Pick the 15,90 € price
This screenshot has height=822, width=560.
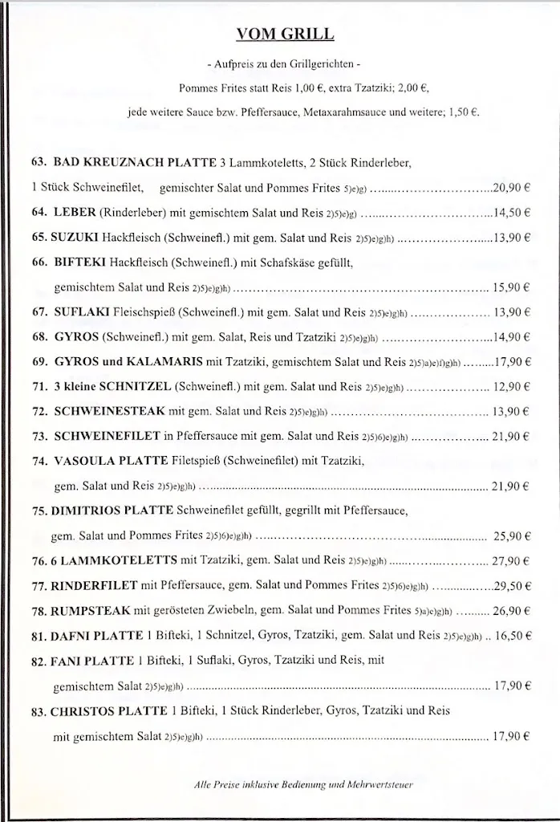513,287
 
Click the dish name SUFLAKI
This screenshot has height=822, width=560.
81,311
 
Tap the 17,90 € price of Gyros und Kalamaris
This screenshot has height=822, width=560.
511,361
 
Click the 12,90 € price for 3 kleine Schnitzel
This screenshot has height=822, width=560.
513,386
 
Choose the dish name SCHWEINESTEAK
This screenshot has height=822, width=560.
109,411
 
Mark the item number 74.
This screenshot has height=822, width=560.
39,461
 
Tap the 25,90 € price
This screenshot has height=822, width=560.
513,535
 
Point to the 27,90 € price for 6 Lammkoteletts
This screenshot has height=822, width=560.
511,560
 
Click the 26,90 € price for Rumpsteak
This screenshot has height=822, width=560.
512,610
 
